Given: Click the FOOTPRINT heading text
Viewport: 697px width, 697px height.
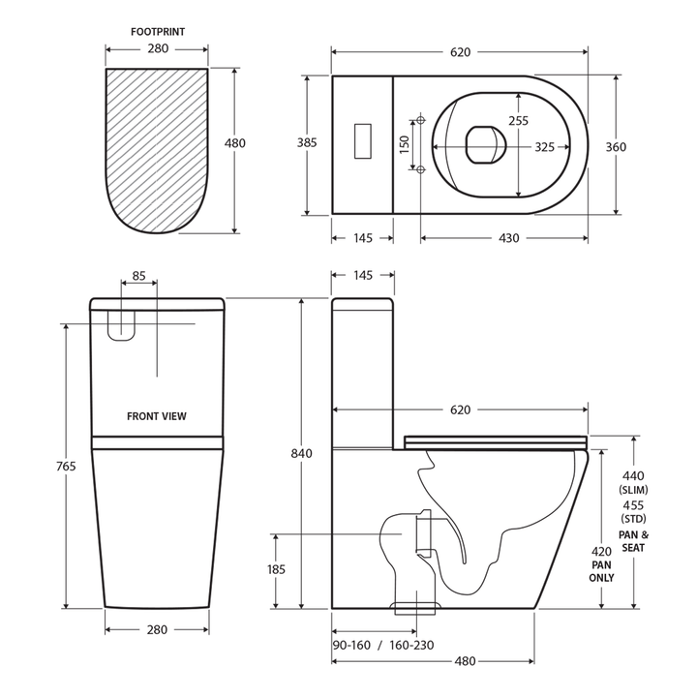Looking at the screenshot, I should tap(157, 31).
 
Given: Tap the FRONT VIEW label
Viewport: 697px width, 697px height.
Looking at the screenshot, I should tap(157, 416).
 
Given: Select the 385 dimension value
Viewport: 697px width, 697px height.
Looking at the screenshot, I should tap(307, 143).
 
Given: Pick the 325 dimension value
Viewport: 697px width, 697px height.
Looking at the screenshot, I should tap(544, 148).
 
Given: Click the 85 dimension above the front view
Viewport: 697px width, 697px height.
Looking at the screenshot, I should tap(138, 276).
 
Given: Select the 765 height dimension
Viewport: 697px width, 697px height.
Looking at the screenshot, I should tap(65, 467).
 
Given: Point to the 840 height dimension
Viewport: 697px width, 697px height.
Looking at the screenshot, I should tap(303, 453).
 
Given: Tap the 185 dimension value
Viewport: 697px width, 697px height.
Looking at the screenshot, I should tap(276, 570).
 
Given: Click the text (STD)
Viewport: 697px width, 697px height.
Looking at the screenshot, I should tap(633, 519).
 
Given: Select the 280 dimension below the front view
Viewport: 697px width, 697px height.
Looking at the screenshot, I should tap(157, 629).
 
